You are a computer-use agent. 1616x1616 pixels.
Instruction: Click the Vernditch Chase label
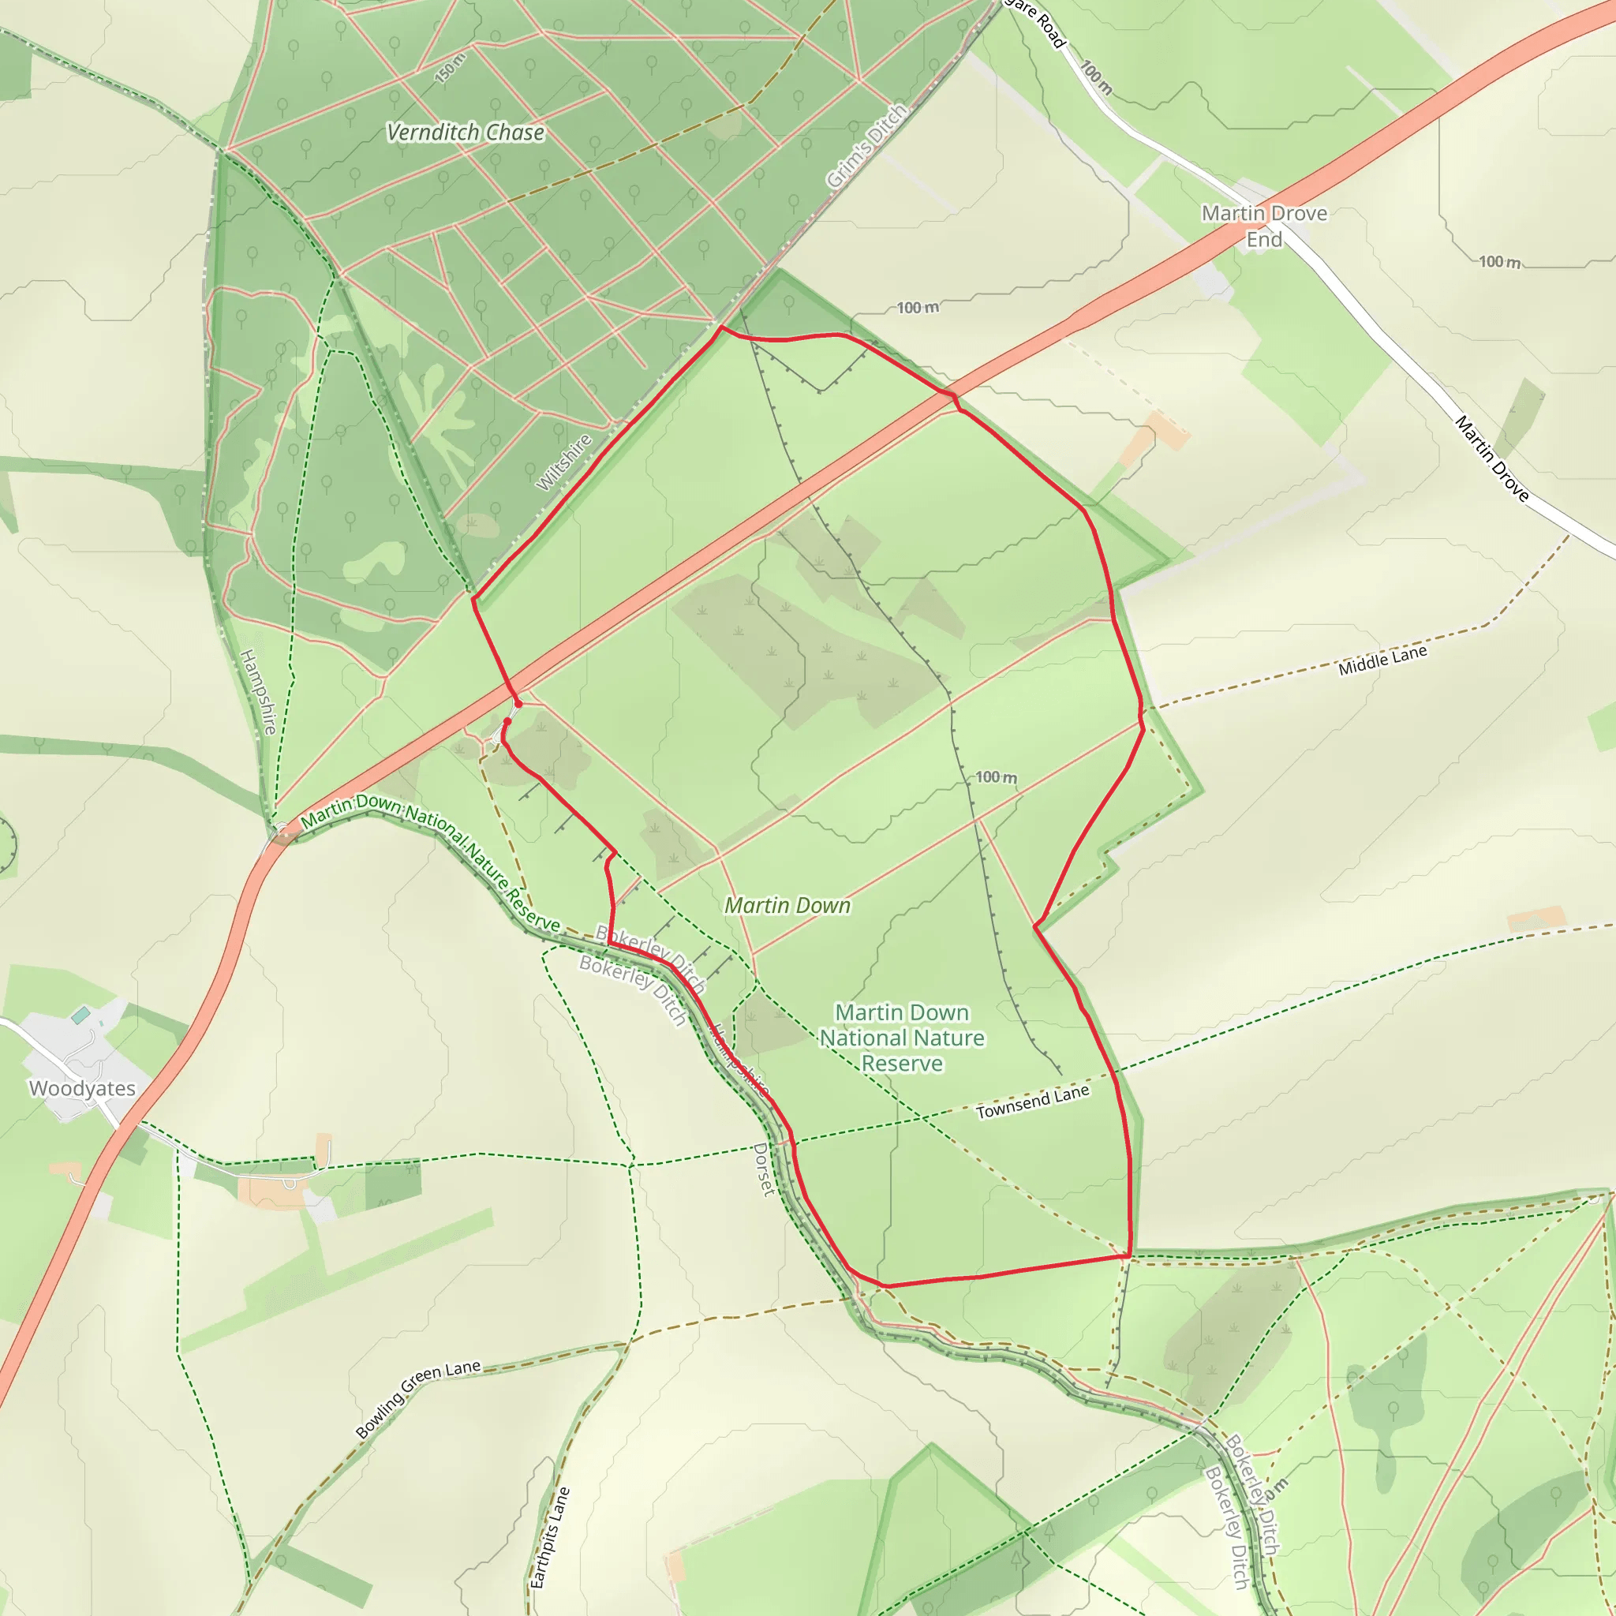[465, 132]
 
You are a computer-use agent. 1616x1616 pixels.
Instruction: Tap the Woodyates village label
[82, 1088]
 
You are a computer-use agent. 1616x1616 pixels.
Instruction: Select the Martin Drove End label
[1264, 226]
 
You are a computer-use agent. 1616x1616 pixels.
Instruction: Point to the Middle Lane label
[1382, 660]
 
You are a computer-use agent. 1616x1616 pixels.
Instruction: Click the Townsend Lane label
[1032, 1102]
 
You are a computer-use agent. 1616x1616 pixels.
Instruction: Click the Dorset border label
[764, 1169]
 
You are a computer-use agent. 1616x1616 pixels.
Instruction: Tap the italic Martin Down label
[787, 905]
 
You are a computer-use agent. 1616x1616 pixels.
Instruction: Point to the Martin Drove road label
[1491, 459]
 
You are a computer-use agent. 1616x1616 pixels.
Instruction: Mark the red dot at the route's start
[507, 721]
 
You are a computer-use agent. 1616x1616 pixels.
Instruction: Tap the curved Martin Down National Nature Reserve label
[430, 862]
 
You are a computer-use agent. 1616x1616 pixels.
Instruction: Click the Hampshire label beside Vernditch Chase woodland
[259, 692]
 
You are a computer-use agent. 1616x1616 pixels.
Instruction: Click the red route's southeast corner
[1129, 1255]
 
